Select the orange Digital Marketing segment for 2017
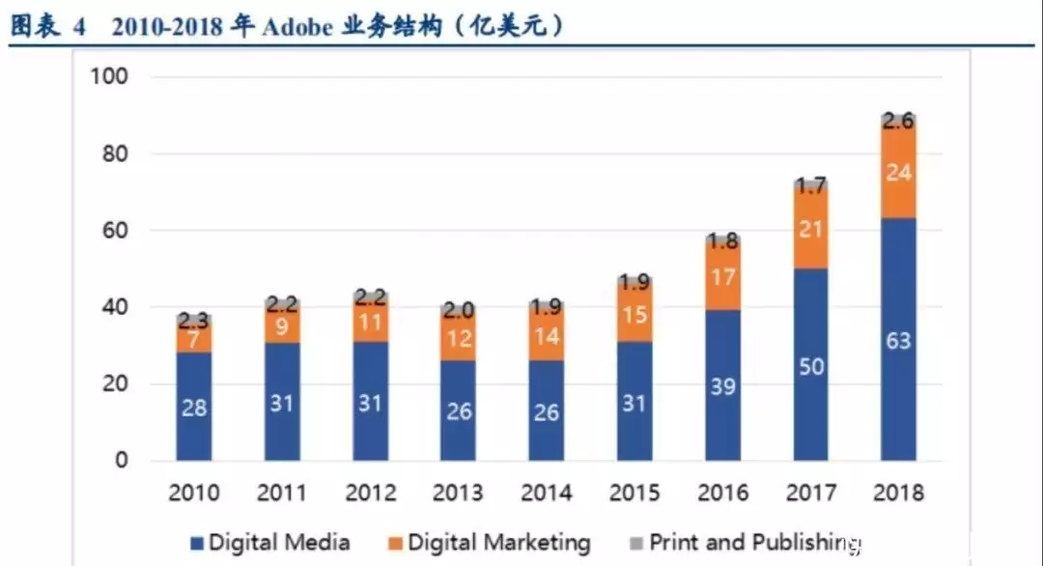[x=810, y=228]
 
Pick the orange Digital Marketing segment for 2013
[x=459, y=338]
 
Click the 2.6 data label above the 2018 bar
[x=898, y=122]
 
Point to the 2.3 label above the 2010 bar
[x=194, y=320]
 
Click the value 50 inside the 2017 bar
[x=810, y=366]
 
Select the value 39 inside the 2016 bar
[x=722, y=386]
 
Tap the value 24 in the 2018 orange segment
[x=898, y=173]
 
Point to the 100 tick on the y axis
[x=109, y=76]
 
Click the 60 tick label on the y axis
[x=115, y=231]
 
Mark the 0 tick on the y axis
[x=122, y=461]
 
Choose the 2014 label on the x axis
[x=547, y=493]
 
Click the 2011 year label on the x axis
[x=282, y=493]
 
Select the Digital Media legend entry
[x=269, y=543]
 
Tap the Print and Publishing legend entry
[x=744, y=543]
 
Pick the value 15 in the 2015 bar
[x=634, y=317]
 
